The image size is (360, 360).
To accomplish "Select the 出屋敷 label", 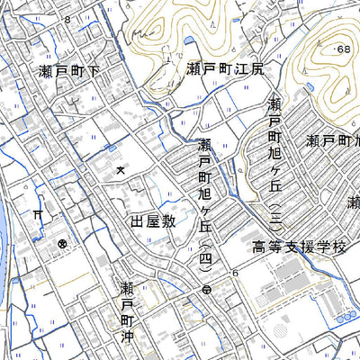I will coord(151,220).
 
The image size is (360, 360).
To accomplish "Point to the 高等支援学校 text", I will coord(298,247).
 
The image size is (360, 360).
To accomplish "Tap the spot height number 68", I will coord(342,48).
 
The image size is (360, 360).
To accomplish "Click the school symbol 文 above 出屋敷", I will coord(121,170).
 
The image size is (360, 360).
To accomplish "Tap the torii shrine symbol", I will coord(38,215).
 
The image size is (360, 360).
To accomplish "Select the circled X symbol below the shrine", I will coord(62,244).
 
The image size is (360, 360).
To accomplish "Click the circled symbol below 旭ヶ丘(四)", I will coord(207,290).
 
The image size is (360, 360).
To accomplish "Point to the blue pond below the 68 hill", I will coord(310,87).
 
